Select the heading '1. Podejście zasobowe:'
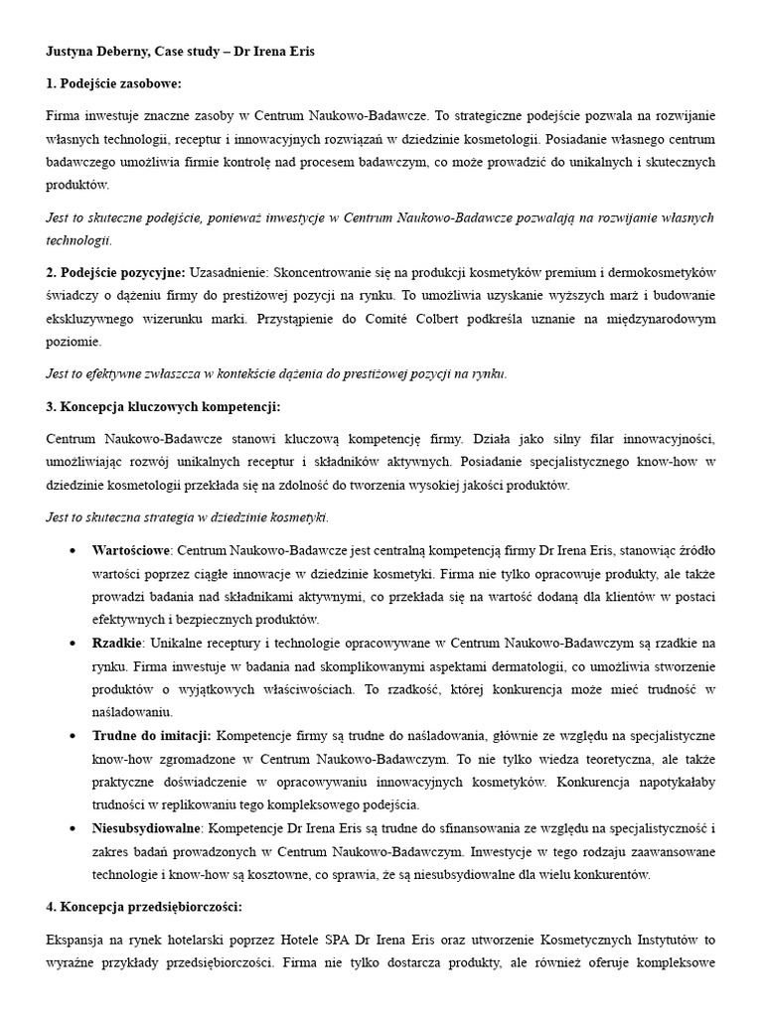click(x=114, y=83)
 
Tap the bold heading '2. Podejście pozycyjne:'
click(x=115, y=272)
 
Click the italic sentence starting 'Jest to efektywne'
click(x=276, y=373)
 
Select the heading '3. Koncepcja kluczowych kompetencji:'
click(x=163, y=406)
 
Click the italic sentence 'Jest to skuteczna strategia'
click(x=187, y=516)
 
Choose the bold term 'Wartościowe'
click(x=132, y=549)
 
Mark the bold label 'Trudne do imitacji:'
click(x=151, y=736)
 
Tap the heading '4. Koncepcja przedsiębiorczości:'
click(x=144, y=907)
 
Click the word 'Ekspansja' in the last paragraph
click(x=78, y=940)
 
